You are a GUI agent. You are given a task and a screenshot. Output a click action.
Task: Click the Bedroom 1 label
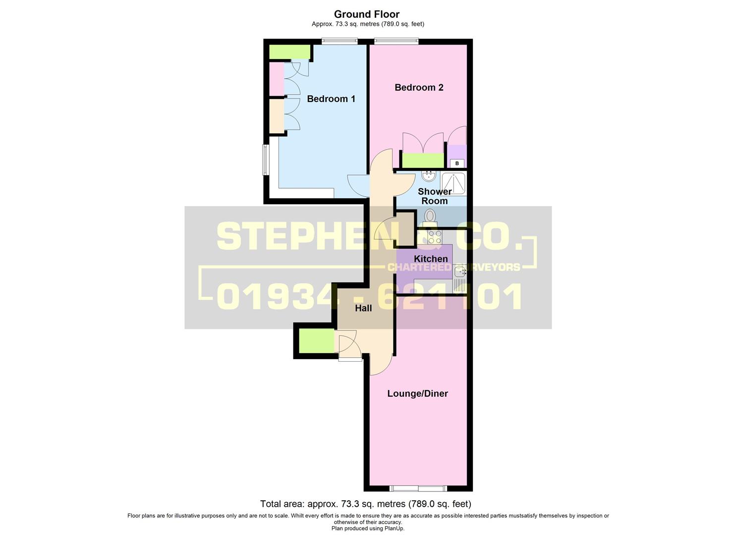coord(331,99)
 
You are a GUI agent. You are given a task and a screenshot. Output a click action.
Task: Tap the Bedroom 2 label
coord(419,87)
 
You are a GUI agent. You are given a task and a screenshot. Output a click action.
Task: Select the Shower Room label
coord(434,196)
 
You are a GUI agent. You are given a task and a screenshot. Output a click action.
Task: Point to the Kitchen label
coord(431,259)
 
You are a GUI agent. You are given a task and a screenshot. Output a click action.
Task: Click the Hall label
coord(363,308)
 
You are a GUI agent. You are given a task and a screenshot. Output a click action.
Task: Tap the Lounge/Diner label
coord(418,393)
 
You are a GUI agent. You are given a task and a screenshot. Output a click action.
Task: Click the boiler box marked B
coord(456,163)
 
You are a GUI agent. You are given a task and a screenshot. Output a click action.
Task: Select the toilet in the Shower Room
coord(430,218)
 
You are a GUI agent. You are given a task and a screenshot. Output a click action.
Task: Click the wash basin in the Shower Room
coord(429,176)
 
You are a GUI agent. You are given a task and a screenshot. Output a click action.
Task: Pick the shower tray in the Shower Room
coord(454,183)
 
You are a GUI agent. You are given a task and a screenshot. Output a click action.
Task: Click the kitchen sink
coord(459,279)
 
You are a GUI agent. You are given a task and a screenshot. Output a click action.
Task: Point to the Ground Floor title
coord(367,14)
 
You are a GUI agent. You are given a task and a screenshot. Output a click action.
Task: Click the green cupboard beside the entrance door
coord(317,341)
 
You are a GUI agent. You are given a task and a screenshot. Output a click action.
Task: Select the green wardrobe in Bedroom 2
coord(423,160)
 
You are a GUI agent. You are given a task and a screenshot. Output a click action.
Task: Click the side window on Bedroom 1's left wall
coord(266,160)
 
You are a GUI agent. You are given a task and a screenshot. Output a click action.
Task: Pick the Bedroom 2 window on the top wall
coord(396,42)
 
